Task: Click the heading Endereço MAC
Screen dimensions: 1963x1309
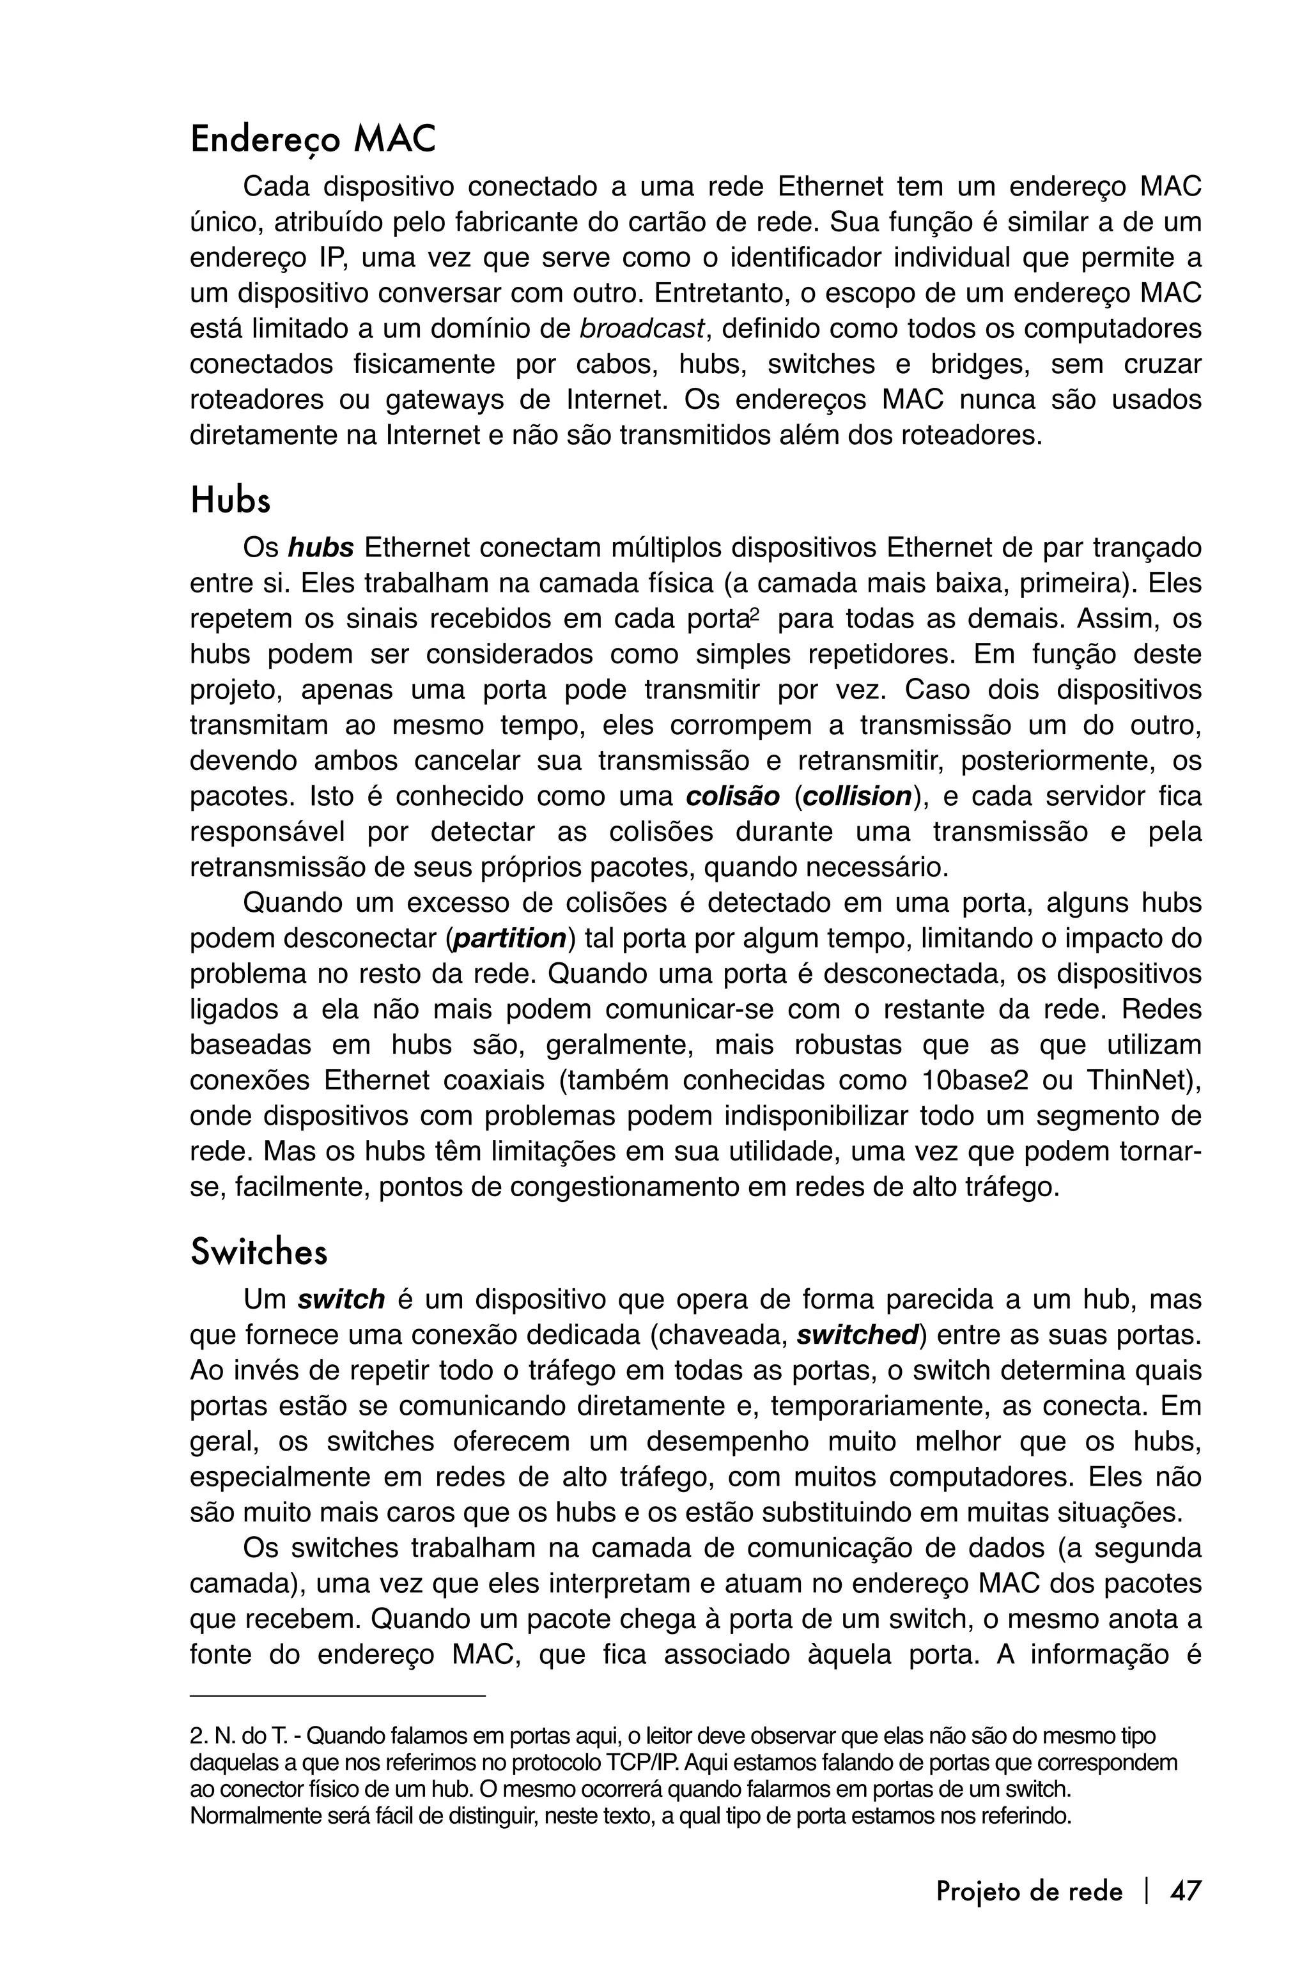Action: [x=313, y=140]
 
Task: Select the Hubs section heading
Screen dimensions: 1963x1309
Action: [x=230, y=501]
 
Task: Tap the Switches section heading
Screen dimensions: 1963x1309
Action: [x=259, y=1252]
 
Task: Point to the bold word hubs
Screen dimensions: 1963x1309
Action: [x=321, y=548]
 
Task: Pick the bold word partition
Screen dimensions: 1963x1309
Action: [x=508, y=938]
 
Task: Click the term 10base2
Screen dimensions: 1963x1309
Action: [x=974, y=1080]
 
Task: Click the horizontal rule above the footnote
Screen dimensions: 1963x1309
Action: [x=337, y=1696]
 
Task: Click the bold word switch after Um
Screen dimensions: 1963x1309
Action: [x=341, y=1300]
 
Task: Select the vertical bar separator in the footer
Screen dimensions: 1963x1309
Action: [x=1147, y=1890]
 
